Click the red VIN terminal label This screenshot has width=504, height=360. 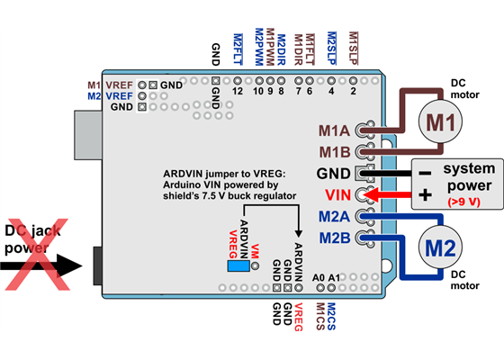point(337,194)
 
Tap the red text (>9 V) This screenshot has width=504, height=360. point(456,202)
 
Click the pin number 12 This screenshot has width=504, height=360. point(238,91)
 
